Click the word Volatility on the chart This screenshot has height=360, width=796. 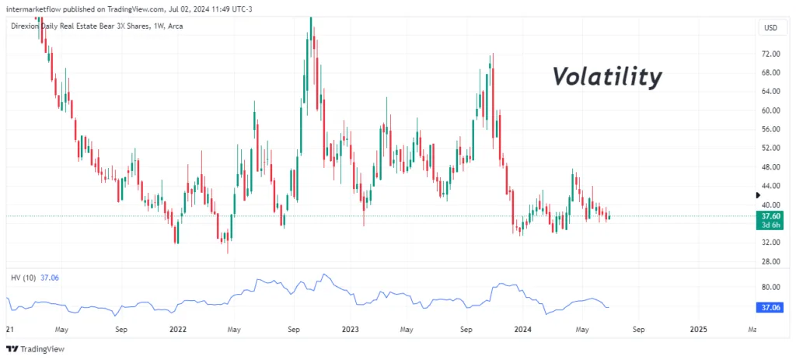[x=606, y=77]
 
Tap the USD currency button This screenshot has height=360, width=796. [x=770, y=28]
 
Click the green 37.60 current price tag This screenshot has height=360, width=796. [x=770, y=216]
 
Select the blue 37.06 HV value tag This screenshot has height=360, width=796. [x=770, y=308]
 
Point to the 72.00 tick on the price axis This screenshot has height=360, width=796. [x=770, y=54]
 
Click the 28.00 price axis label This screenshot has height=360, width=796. [x=770, y=261]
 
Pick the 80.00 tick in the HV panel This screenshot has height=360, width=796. [x=770, y=287]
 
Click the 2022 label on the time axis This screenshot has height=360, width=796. [x=178, y=329]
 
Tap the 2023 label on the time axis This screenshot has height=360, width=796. [x=351, y=329]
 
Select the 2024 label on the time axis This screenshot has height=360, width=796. [x=523, y=329]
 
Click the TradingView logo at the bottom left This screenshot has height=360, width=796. [x=35, y=349]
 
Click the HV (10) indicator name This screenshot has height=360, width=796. [x=23, y=278]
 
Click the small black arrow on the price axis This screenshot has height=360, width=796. [x=759, y=195]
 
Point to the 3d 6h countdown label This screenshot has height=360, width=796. [x=770, y=225]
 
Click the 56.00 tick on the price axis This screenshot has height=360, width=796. [x=770, y=130]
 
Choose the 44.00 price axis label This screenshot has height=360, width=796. [x=770, y=186]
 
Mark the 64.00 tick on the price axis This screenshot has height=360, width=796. [x=770, y=92]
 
